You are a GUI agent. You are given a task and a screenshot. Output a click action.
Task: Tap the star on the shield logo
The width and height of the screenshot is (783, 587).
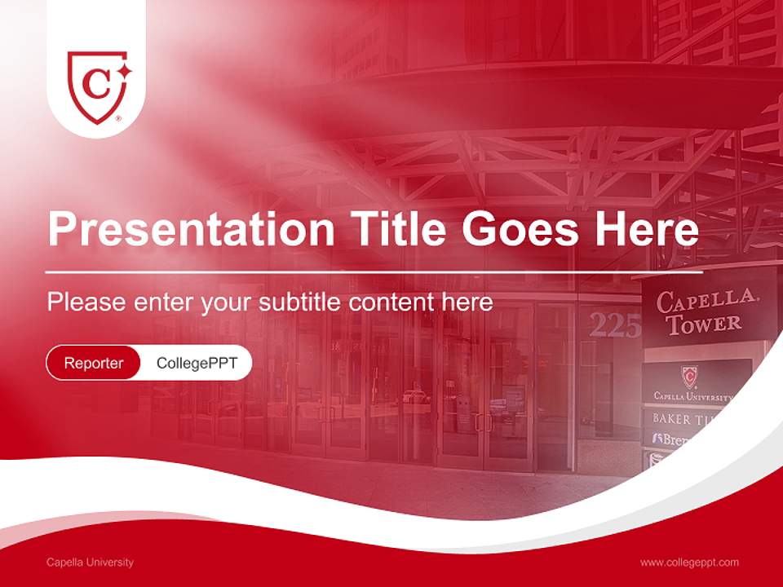123,71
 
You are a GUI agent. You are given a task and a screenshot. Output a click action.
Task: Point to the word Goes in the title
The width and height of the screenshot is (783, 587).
516,230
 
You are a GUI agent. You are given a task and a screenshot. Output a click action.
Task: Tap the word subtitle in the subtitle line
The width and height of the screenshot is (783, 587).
301,302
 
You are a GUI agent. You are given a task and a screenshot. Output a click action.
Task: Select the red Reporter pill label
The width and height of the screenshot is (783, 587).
94,363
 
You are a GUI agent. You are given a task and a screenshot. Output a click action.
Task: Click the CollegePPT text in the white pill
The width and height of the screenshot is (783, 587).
197,363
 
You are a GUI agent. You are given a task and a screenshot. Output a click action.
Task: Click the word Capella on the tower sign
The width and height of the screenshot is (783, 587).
706,301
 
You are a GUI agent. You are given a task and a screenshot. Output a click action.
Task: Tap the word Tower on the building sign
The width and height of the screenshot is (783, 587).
703,324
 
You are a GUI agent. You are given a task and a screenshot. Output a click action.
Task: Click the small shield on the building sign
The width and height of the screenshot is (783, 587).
690,377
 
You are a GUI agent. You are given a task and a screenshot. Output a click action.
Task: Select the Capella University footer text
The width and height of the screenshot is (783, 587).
90,563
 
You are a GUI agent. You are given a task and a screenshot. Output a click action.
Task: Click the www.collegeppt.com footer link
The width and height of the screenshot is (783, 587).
689,563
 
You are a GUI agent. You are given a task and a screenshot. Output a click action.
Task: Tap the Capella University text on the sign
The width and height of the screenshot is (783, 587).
693,396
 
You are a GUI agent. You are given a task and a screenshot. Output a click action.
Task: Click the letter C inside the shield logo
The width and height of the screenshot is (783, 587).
96,83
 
